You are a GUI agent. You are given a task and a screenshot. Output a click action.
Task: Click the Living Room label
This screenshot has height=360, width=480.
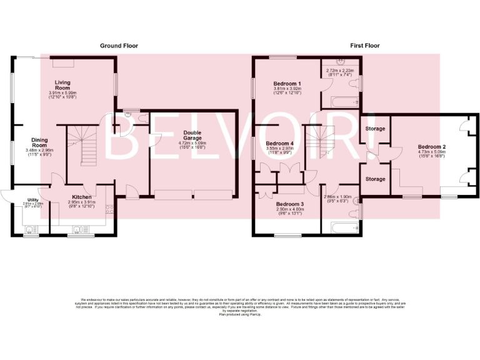(x=62, y=82)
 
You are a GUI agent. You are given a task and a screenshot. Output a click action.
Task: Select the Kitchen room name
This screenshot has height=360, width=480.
(x=82, y=196)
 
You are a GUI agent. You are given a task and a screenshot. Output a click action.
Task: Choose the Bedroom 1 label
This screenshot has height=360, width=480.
(x=287, y=84)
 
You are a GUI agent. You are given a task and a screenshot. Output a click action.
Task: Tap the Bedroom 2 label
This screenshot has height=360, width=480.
(x=431, y=146)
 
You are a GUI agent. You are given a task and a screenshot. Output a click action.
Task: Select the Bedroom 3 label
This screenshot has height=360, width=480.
(x=289, y=204)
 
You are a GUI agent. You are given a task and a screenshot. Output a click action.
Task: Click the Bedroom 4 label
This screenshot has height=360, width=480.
(x=280, y=143)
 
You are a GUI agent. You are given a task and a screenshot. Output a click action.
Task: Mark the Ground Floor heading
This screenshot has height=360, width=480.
(x=119, y=46)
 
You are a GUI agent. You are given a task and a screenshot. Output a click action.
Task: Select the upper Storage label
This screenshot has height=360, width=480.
(x=375, y=129)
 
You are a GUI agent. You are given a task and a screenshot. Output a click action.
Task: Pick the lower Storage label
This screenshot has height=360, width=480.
(x=375, y=179)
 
